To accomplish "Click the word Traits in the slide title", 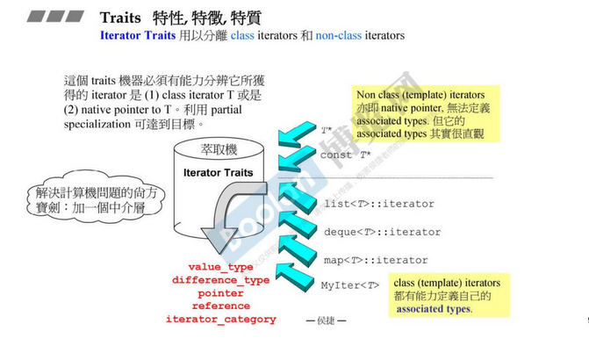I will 121,18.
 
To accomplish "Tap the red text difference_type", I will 220,280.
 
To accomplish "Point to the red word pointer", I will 220,293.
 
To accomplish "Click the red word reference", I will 220,306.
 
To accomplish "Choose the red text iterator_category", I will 220,320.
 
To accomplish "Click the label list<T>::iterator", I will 378,205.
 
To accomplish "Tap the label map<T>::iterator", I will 375,261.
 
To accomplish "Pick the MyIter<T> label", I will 350,285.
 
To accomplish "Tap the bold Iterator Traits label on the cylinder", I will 219,173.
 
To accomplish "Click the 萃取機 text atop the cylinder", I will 219,149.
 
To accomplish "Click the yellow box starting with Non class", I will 425,113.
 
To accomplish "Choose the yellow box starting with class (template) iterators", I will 446,296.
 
